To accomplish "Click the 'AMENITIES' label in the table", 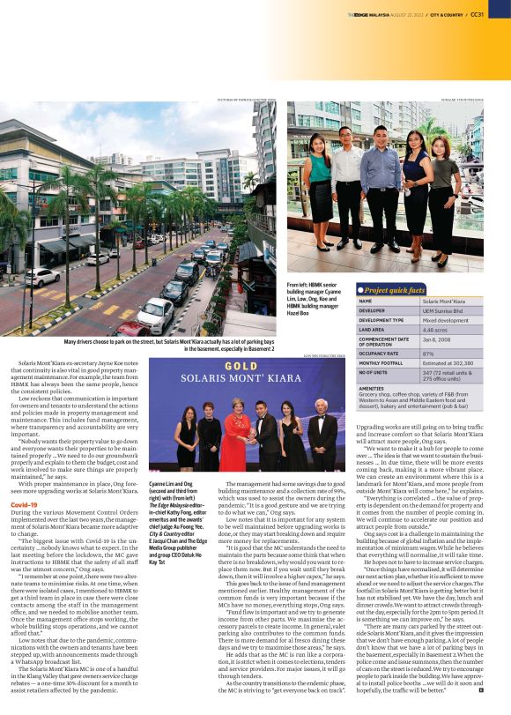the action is click(371, 387).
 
